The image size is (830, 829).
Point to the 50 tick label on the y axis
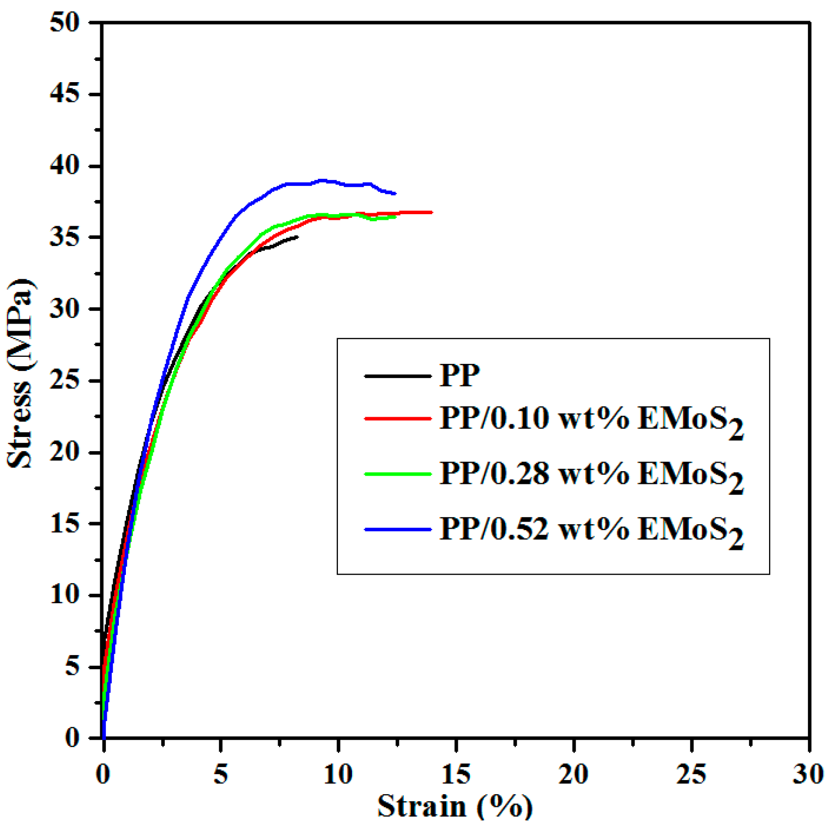click(65, 23)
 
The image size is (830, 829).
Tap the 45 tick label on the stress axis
click(65, 94)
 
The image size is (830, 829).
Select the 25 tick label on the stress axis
click(65, 381)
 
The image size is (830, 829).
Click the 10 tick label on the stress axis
click(65, 596)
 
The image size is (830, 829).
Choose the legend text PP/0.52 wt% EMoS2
click(591, 532)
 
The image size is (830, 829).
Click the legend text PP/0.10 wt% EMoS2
click(591, 421)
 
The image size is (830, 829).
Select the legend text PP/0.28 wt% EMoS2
click(591, 476)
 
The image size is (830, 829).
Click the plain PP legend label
click(459, 375)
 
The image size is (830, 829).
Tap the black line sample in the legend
click(398, 376)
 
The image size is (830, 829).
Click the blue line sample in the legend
click(398, 530)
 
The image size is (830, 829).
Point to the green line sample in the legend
click(398, 474)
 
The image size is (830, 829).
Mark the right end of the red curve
click(432, 212)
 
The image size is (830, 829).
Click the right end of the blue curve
click(395, 194)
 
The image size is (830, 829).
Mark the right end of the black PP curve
click(298, 236)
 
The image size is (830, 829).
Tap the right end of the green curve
click(396, 217)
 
